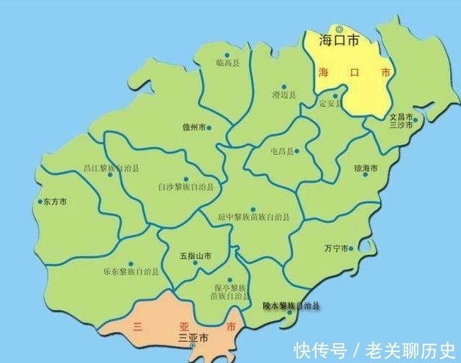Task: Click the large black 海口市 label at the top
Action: point(339,42)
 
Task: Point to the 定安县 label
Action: point(331,103)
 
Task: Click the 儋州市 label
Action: point(194,127)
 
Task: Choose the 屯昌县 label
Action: point(283,151)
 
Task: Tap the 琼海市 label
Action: point(365,168)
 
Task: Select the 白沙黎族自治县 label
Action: point(186,187)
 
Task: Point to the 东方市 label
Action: point(55,201)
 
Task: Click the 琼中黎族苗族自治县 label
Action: point(253,218)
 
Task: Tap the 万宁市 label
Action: point(337,248)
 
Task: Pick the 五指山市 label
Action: point(195,256)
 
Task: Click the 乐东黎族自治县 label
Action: point(132,271)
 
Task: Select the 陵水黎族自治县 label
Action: point(291,304)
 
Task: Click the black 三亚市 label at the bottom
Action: point(194,338)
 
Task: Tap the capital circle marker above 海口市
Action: point(339,29)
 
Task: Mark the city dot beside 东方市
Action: point(40,201)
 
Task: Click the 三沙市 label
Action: point(402,125)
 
